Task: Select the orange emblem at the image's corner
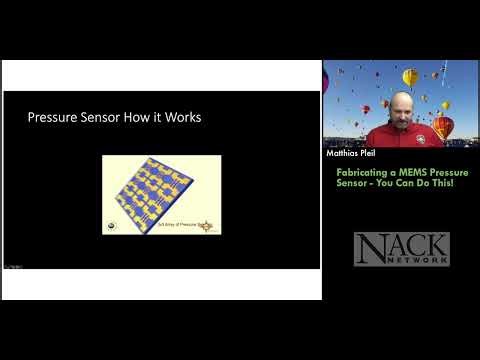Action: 208,227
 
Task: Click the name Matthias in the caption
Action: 343,155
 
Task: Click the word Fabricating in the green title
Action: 356,172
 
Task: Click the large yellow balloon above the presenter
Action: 409,77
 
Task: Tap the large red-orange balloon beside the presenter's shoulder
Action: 442,127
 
